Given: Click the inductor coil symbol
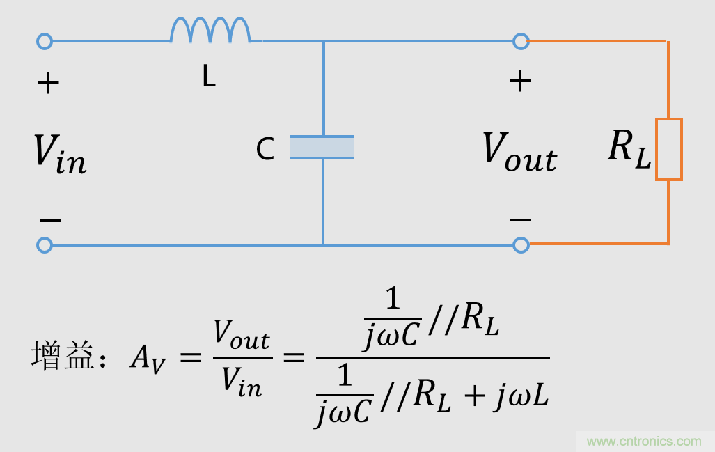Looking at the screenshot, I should click(210, 31).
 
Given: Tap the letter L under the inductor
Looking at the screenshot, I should click(209, 77).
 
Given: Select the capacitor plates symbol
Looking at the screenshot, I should click(322, 147).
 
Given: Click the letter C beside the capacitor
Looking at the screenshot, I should click(265, 149).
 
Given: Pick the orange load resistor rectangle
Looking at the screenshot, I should click(668, 149).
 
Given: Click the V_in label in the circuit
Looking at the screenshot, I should click(60, 153).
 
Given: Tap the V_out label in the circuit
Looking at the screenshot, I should click(520, 152).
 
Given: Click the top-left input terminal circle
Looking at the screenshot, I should click(45, 41).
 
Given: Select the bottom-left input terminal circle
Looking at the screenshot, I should click(45, 245).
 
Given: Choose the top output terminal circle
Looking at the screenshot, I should click(521, 41).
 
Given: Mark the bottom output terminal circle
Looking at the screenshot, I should click(521, 245).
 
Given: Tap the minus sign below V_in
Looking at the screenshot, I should click(50, 221).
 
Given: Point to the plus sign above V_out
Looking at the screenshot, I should click(520, 81).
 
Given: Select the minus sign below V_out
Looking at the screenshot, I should click(520, 220).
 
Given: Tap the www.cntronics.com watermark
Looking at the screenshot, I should click(644, 441).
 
